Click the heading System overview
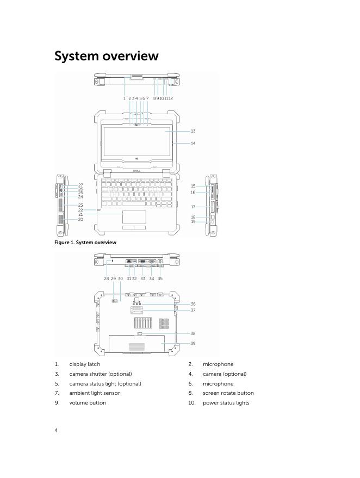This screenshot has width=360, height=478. [107, 56]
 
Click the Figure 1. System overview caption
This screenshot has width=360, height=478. [85, 243]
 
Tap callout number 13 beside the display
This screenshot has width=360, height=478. [193, 131]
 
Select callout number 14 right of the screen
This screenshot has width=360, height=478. [193, 144]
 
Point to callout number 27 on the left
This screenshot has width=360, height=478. [80, 185]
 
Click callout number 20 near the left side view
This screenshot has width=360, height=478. [80, 219]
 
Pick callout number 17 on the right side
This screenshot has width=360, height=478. [193, 207]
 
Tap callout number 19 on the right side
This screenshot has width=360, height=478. [193, 222]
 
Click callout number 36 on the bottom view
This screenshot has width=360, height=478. [193, 304]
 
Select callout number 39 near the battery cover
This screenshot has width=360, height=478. [193, 343]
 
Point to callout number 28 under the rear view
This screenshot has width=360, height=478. [107, 278]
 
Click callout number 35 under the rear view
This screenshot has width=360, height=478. [160, 278]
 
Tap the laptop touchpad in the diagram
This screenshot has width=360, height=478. [134, 217]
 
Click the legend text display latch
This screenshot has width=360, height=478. [84, 364]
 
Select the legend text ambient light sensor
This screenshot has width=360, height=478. [94, 393]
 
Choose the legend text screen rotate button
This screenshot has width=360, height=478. [228, 393]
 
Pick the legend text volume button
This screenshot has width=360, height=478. [87, 403]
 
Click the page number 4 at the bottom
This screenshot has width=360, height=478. [56, 431]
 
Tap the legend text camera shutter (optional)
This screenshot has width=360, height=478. [100, 374]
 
